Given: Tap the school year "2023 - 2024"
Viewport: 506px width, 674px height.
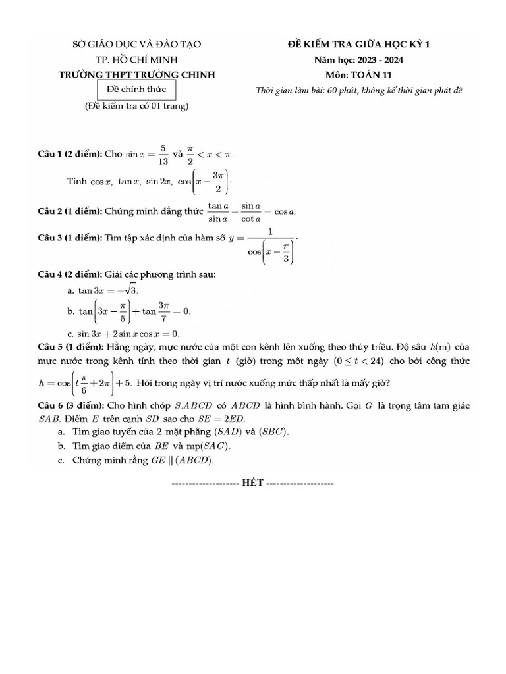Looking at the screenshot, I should point(381,61).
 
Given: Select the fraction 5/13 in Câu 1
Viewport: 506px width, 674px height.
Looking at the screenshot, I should point(163,155).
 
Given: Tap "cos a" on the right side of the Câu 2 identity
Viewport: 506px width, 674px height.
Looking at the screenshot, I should point(285,212).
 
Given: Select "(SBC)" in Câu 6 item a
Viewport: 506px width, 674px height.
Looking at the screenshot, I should point(273,432).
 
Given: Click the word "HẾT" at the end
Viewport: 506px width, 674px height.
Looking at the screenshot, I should point(252,483).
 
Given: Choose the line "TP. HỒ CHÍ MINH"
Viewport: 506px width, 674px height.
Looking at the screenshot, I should point(136,61).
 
